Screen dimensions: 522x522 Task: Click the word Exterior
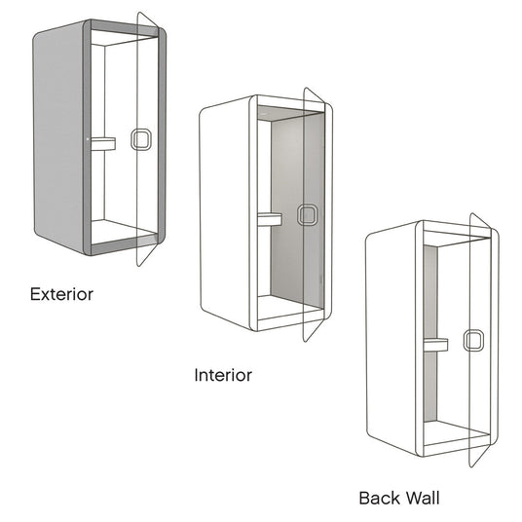(x=61, y=294)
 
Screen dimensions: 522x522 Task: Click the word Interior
(x=223, y=375)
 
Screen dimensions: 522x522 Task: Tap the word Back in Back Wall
(x=380, y=499)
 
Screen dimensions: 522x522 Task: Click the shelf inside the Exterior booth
(x=103, y=143)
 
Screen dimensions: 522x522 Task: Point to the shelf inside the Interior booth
(x=270, y=219)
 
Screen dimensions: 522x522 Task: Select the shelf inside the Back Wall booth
(x=435, y=345)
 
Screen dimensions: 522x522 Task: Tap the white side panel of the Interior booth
(x=225, y=213)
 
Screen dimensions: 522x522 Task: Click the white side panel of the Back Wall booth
(x=391, y=338)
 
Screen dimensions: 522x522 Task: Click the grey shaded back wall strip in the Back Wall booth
(x=430, y=333)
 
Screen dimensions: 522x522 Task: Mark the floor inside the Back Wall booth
(x=456, y=432)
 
